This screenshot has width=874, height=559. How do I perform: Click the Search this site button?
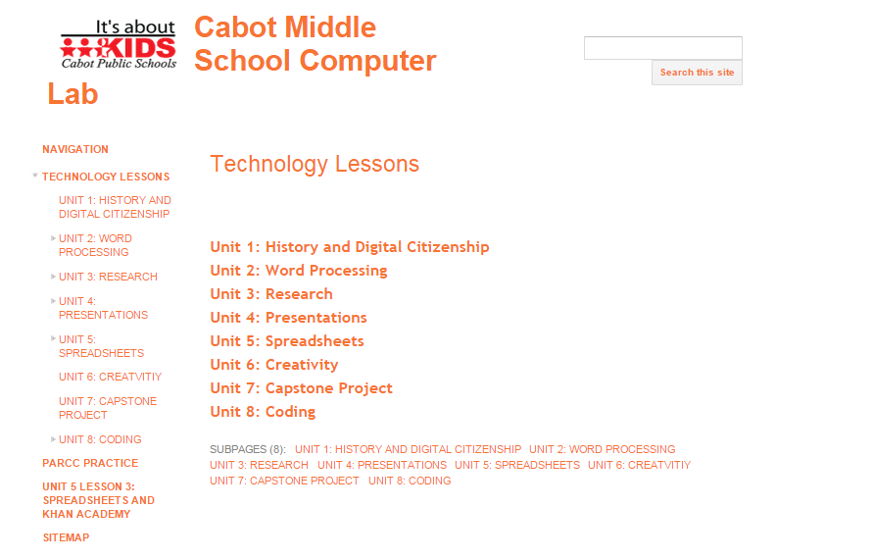pyautogui.click(x=697, y=73)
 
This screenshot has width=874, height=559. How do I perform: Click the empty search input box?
pyautogui.click(x=662, y=48)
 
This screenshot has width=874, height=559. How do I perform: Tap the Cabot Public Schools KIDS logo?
pyautogui.click(x=119, y=45)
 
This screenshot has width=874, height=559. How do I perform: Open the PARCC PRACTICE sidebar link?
pyautogui.click(x=90, y=463)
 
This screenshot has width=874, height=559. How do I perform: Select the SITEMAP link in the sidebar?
pyautogui.click(x=66, y=537)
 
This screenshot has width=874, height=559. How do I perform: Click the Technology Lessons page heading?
pyautogui.click(x=315, y=164)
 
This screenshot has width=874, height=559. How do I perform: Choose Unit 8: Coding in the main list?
pyautogui.click(x=263, y=412)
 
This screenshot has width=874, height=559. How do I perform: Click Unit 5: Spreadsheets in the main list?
pyautogui.click(x=287, y=341)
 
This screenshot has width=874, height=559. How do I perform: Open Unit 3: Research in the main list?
pyautogui.click(x=271, y=294)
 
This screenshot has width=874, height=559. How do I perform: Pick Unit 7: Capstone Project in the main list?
pyautogui.click(x=301, y=388)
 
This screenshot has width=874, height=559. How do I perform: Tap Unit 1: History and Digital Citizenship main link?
pyautogui.click(x=350, y=247)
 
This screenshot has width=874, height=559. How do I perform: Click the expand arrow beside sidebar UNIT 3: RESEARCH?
pyautogui.click(x=53, y=277)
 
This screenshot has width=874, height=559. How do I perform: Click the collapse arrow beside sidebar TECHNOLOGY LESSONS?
pyautogui.click(x=35, y=176)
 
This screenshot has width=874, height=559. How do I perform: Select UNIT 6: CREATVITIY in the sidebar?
pyautogui.click(x=111, y=378)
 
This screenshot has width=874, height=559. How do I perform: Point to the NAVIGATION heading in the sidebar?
pyautogui.click(x=75, y=149)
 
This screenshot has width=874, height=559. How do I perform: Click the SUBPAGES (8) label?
pyautogui.click(x=248, y=450)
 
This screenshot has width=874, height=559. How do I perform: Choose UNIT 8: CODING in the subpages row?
pyautogui.click(x=410, y=481)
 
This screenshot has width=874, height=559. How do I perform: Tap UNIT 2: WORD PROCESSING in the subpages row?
pyautogui.click(x=602, y=450)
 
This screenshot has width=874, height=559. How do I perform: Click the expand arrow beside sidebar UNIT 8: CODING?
pyautogui.click(x=53, y=439)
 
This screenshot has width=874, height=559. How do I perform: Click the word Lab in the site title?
pyautogui.click(x=73, y=94)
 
